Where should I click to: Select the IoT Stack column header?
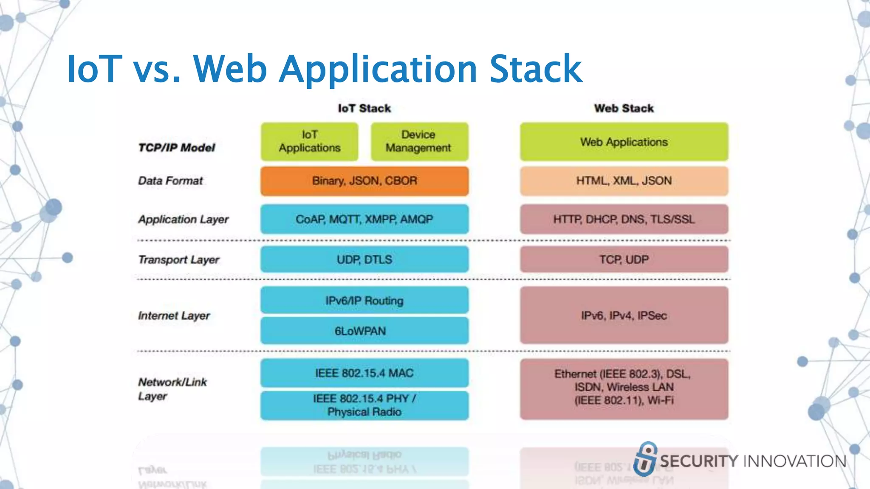pos(364,108)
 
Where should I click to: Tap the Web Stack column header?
pos(624,108)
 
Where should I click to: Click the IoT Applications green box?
pos(309,141)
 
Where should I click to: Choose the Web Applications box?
pos(624,142)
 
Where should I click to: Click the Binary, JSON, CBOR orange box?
pos(364,181)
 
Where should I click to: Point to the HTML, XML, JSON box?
pos(624,181)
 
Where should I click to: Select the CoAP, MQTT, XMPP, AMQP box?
pos(364,219)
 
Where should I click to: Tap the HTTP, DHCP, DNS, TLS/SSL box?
pos(624,219)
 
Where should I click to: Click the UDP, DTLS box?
pos(364,259)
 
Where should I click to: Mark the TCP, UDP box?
pos(624,259)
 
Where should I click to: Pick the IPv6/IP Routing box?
pos(364,301)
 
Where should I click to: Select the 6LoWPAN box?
pos(364,331)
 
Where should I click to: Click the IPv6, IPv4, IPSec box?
pos(624,315)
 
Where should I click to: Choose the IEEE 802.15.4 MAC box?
pos(364,373)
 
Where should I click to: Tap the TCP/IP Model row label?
pos(177,148)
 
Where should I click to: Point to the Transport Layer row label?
pos(178,259)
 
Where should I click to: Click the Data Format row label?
pos(170,181)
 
